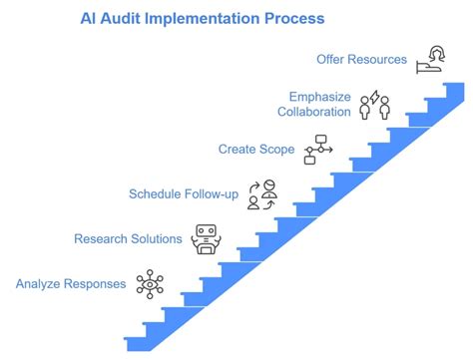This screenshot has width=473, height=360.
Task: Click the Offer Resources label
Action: click(x=361, y=59)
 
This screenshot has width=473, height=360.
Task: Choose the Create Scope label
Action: click(x=256, y=150)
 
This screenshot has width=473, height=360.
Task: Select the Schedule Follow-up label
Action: click(x=184, y=193)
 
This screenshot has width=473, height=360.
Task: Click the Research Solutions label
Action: click(x=129, y=238)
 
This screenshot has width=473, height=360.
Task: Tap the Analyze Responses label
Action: click(x=71, y=283)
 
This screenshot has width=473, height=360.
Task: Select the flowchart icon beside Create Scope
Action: click(x=317, y=151)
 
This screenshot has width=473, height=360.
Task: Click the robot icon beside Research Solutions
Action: click(x=207, y=239)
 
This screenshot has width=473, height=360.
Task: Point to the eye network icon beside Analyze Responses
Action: click(x=151, y=284)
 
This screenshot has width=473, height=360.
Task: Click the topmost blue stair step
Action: click(x=452, y=89)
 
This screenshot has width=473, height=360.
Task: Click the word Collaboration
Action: click(x=314, y=112)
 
